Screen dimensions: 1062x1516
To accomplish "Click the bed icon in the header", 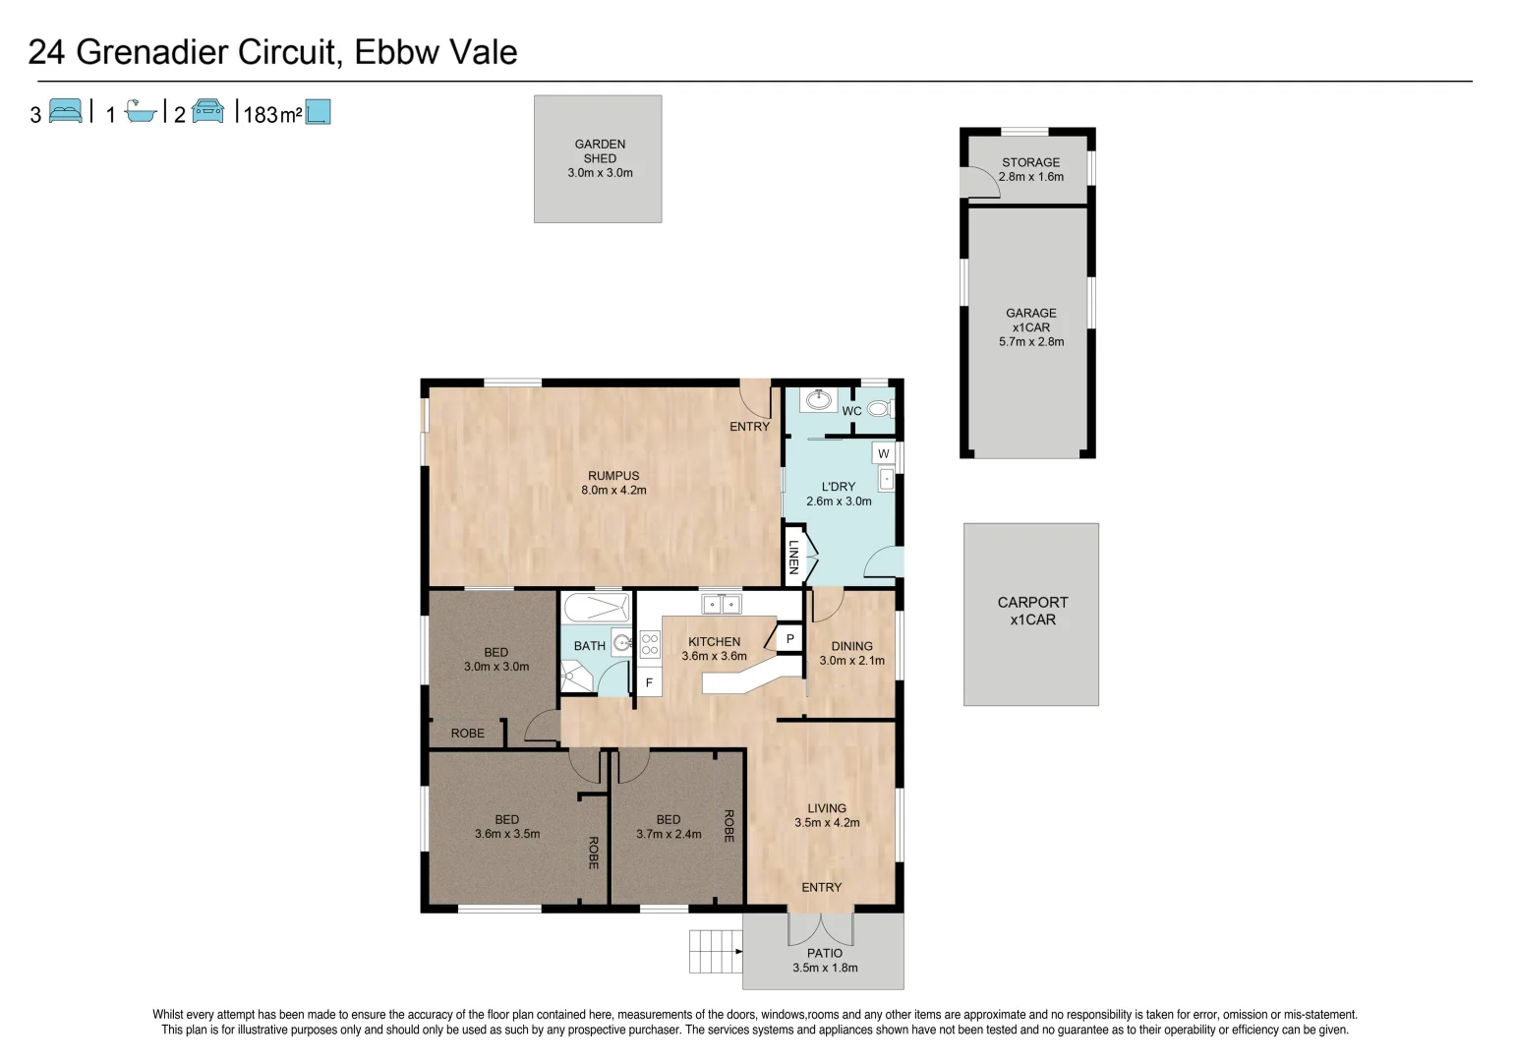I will pyautogui.click(x=65, y=111).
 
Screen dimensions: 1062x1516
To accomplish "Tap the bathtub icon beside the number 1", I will pyautogui.click(x=141, y=112).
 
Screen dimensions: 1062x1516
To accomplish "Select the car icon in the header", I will pyautogui.click(x=207, y=111).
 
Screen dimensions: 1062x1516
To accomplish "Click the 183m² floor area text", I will pyautogui.click(x=271, y=114).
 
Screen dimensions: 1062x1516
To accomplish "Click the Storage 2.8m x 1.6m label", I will pyautogui.click(x=1030, y=169).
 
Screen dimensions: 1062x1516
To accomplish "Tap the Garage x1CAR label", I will pyautogui.click(x=1030, y=327).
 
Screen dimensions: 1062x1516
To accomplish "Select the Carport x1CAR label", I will pyautogui.click(x=1032, y=611).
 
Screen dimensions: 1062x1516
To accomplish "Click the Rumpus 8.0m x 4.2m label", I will pyautogui.click(x=613, y=483).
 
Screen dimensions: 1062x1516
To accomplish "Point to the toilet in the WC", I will pyautogui.click(x=878, y=408).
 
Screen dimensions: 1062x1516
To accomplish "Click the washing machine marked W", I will pyautogui.click(x=883, y=453).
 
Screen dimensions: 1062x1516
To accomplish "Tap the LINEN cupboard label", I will pyautogui.click(x=793, y=557).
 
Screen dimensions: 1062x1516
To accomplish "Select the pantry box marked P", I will pyautogui.click(x=789, y=639).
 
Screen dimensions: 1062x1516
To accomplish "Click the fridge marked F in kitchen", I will pyautogui.click(x=649, y=681).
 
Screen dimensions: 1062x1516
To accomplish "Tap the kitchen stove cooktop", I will pyautogui.click(x=649, y=644).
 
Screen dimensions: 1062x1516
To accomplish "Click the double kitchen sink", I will pyautogui.click(x=721, y=604).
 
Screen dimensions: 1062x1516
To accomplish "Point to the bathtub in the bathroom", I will pyautogui.click(x=596, y=606).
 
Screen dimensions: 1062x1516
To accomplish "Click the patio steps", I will pyautogui.click(x=715, y=951).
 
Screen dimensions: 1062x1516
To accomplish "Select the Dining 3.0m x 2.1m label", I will pyautogui.click(x=851, y=653).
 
